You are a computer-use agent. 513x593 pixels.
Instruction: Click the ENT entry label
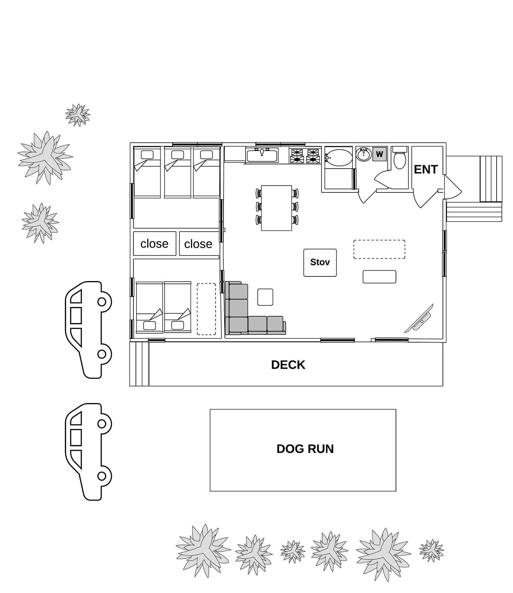coord(426,169)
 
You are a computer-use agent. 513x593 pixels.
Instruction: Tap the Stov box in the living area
coord(320,263)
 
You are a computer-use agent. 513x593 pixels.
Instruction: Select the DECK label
coord(288,365)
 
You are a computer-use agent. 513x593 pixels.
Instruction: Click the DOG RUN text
coord(305,449)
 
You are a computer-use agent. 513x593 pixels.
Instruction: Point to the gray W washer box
coord(379,154)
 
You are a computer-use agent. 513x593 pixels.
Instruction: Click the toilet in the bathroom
coord(400,158)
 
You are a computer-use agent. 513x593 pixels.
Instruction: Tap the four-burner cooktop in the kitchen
coord(305,156)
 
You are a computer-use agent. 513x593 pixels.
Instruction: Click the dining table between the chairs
coord(276,208)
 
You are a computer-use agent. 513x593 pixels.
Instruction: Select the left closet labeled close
coord(155,244)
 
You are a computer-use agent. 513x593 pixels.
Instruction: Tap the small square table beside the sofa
coord(265,297)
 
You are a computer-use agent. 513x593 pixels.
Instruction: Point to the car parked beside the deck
coord(88,330)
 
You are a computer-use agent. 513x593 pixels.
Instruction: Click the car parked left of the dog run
coord(88,452)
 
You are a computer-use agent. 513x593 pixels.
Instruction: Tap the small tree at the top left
coord(78,115)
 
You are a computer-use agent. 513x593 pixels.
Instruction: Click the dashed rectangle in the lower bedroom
coord(207,309)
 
